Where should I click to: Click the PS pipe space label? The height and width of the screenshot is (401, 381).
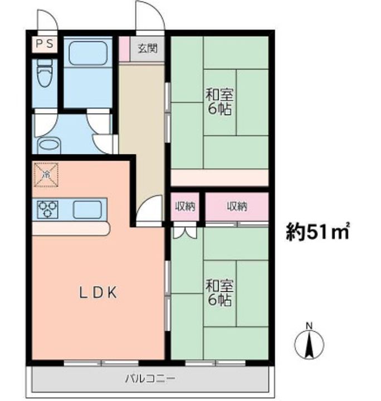pyautogui.click(x=45, y=43)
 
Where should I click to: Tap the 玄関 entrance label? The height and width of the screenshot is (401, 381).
pyautogui.click(x=147, y=48)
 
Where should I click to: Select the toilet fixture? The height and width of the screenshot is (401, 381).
pyautogui.click(x=45, y=74)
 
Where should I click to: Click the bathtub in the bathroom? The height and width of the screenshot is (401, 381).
pyautogui.click(x=87, y=53)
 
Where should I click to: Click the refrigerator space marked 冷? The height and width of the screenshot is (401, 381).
pyautogui.click(x=46, y=175)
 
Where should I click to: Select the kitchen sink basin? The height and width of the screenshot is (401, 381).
pyautogui.click(x=87, y=210)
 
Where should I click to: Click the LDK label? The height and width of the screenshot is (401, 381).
pyautogui.click(x=98, y=293)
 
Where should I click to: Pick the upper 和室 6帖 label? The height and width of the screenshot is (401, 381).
pyautogui.click(x=219, y=102)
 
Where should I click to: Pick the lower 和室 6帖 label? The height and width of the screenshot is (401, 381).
pyautogui.click(x=219, y=293)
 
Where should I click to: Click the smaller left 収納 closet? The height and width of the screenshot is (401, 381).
pyautogui.click(x=185, y=207)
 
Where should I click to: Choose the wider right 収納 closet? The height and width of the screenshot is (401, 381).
pyautogui.click(x=237, y=207)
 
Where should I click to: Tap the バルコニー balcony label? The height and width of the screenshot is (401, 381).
pyautogui.click(x=150, y=379)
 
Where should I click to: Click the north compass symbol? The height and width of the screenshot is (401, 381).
pyautogui.click(x=309, y=342)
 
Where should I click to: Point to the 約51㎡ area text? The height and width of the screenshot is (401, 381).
pyautogui.click(x=317, y=231)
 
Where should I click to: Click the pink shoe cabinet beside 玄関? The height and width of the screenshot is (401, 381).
pyautogui.click(x=125, y=48)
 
